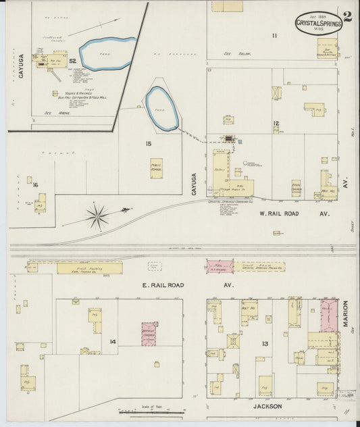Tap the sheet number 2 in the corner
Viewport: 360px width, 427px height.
click(x=347, y=18)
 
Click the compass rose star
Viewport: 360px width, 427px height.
click(x=98, y=216)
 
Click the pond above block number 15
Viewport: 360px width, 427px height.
click(x=163, y=108)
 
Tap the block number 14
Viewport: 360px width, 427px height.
click(x=113, y=342)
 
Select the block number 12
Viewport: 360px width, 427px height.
click(x=276, y=123)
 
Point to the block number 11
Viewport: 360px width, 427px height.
click(x=274, y=35)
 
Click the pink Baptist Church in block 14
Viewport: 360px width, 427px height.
click(x=149, y=333)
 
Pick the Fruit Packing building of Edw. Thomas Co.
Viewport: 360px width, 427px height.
click(x=89, y=268)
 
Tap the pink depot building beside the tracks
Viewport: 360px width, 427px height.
click(x=220, y=267)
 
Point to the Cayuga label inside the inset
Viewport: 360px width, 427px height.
click(x=21, y=67)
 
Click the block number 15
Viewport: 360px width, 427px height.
click(x=147, y=143)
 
